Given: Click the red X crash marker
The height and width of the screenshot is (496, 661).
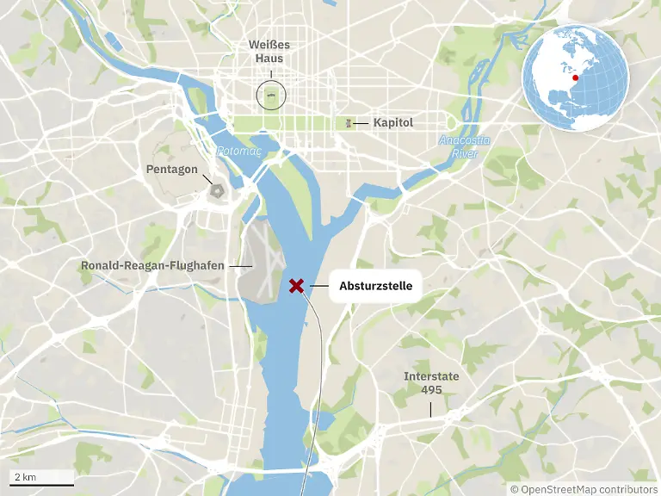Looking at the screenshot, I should point(297,285).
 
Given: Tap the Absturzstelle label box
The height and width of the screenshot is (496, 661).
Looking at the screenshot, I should point(376,285).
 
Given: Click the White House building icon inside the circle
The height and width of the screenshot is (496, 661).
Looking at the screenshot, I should point(271,94).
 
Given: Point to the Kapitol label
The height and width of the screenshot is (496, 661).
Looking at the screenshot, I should point(393,123).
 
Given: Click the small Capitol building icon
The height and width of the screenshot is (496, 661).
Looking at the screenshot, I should point(349,123).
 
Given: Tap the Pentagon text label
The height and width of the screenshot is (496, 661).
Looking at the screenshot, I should point(171,170).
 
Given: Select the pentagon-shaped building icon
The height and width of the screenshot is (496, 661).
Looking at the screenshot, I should point(216,189).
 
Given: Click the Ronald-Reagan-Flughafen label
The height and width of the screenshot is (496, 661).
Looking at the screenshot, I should point(152,266).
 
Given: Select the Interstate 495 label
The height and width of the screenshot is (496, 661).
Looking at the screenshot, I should point(431,383).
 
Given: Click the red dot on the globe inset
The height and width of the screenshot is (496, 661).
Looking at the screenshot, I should point(576,77).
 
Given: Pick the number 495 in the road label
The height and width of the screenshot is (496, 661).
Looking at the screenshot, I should point(431,390).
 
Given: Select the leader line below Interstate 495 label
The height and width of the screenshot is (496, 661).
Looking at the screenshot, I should point(431,407).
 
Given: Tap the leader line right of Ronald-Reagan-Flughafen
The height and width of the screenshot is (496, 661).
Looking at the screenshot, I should point(242,266).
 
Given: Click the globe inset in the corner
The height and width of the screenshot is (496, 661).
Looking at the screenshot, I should point(576,78).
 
